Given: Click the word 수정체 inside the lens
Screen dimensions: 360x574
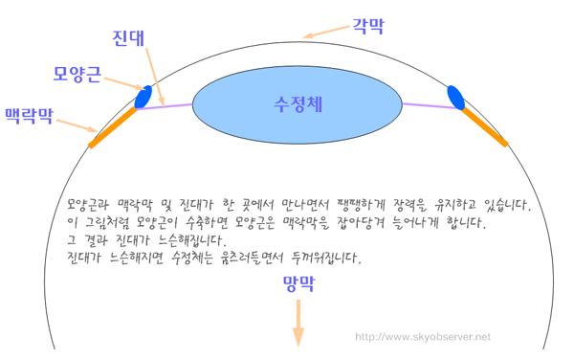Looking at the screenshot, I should tap(297, 102).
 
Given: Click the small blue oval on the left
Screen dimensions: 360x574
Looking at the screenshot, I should tap(144, 97).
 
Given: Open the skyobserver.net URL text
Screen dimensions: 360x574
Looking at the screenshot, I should tap(423, 337).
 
